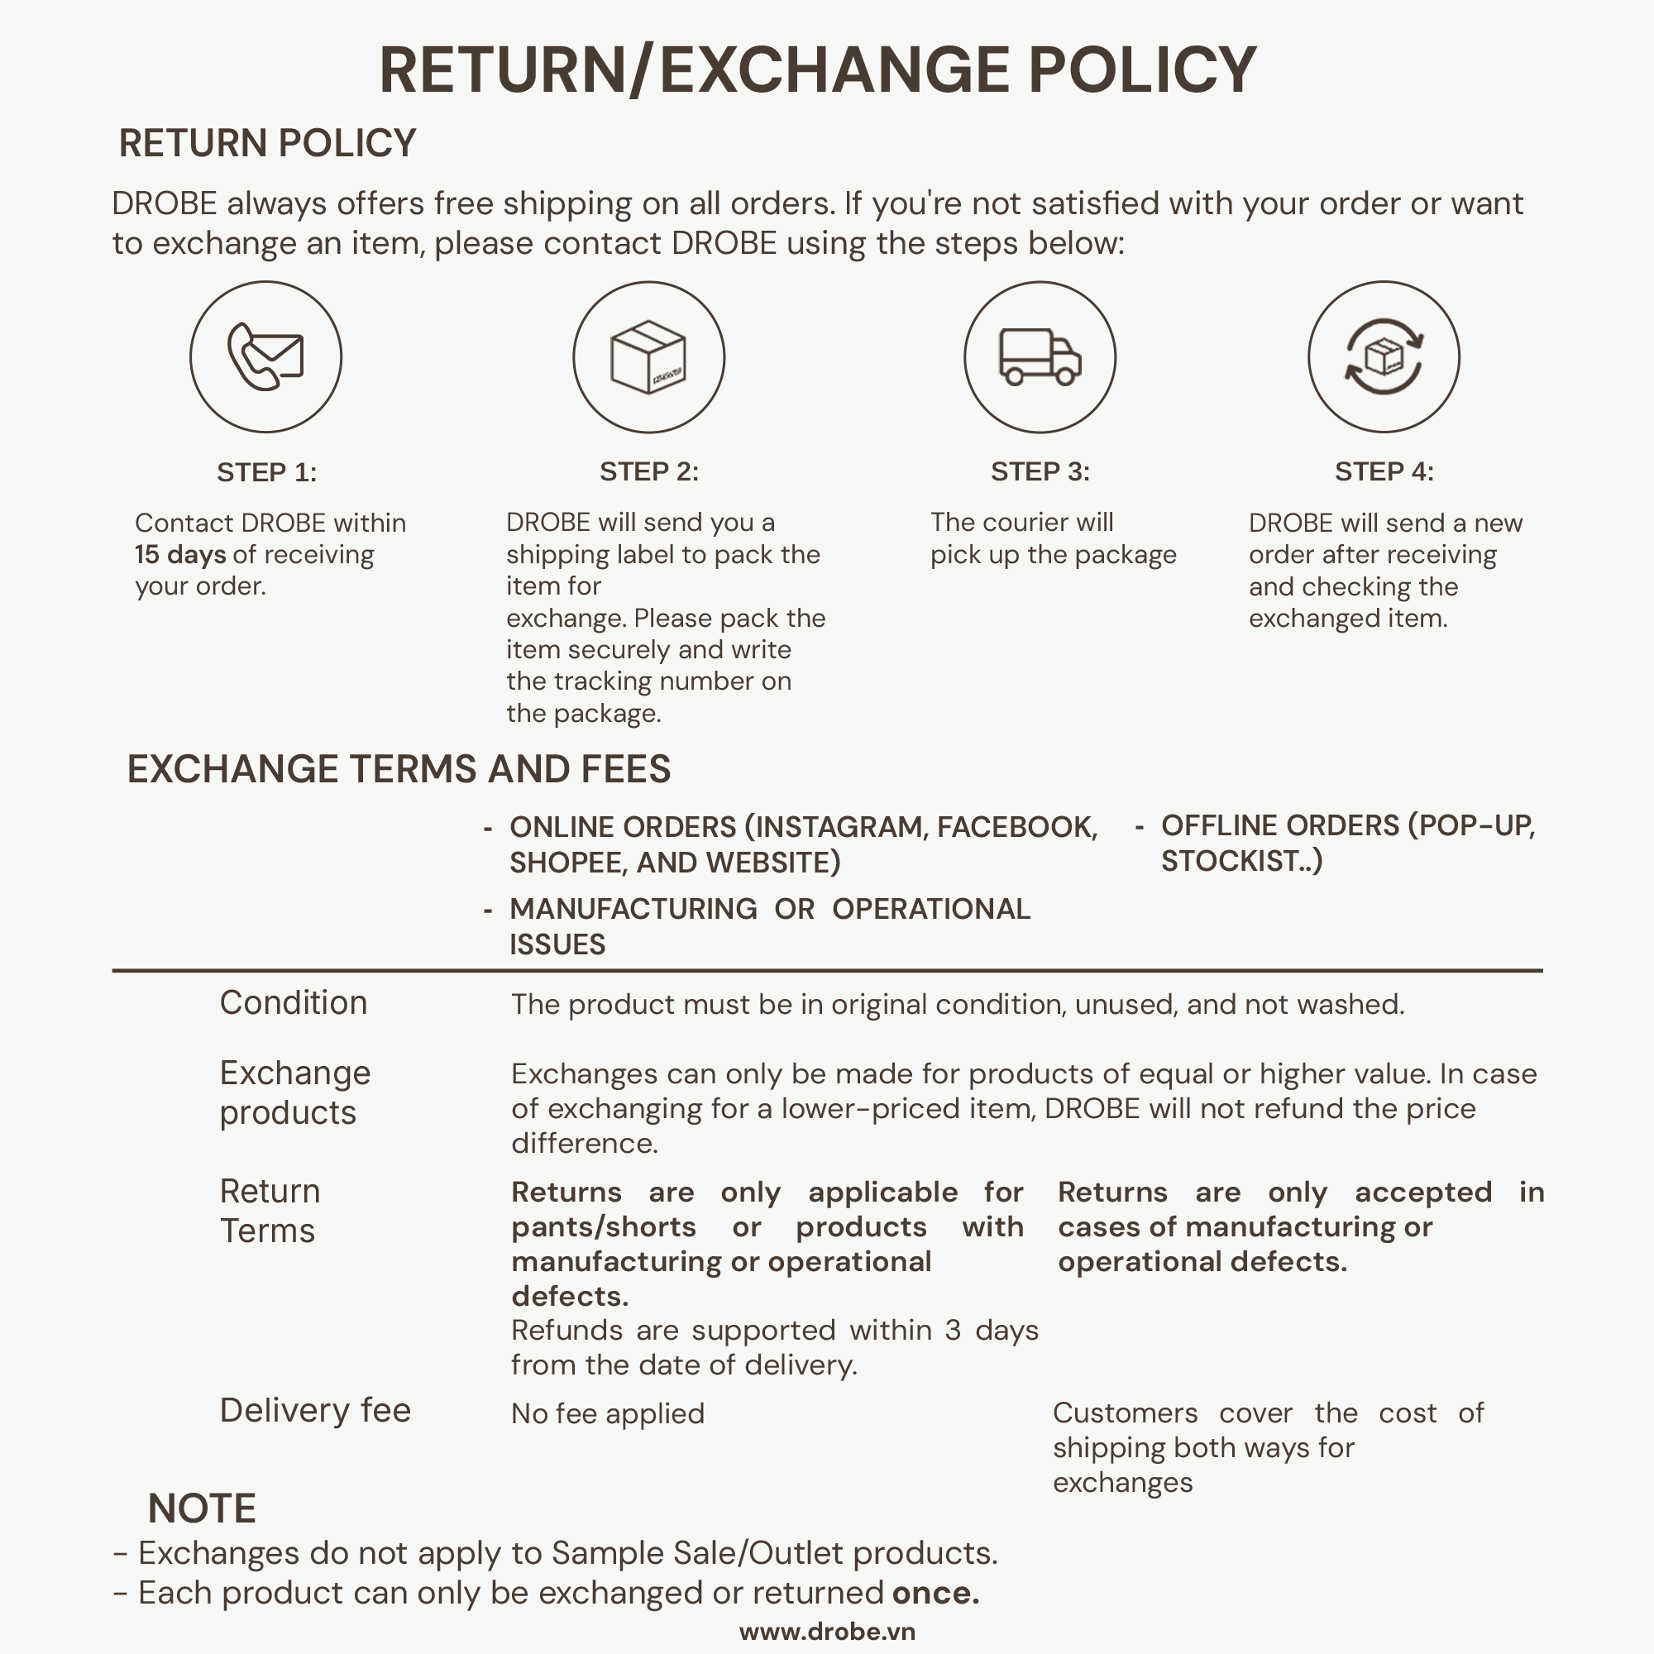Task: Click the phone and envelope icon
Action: [265, 357]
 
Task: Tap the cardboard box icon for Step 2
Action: [648, 357]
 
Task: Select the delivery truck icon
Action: [1040, 357]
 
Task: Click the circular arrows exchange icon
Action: [1384, 357]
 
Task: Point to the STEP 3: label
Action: [1040, 471]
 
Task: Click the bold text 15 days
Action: [179, 555]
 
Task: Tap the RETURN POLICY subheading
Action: [267, 143]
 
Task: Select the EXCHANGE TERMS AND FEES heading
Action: [399, 769]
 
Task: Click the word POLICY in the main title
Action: [1141, 70]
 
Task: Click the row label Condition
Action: [293, 1002]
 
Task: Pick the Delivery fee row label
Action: [315, 1410]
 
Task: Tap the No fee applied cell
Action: [608, 1413]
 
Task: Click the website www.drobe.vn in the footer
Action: [827, 1632]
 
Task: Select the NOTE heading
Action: [202, 1508]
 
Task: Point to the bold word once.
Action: [935, 1594]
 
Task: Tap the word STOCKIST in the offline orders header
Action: [1234, 860]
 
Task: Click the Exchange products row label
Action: [294, 1092]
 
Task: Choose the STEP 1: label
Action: [266, 472]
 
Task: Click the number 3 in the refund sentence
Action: [953, 1331]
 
